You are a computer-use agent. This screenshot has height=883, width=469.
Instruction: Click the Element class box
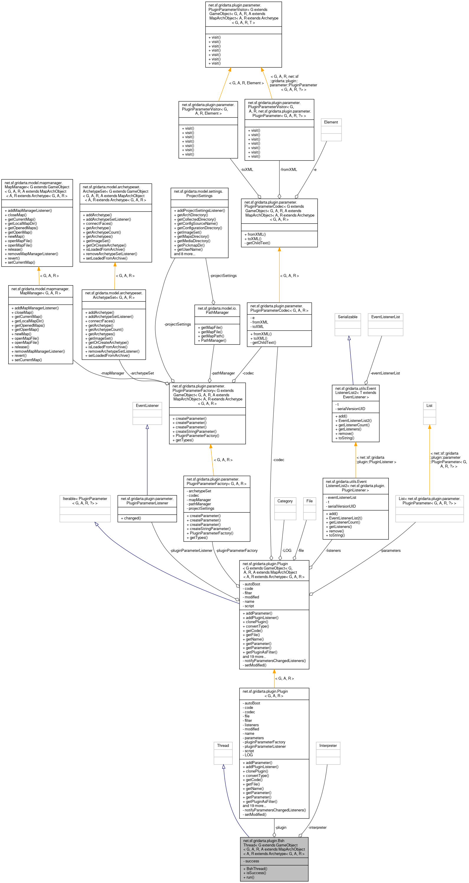point(331,130)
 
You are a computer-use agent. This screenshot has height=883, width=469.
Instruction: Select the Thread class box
point(223,753)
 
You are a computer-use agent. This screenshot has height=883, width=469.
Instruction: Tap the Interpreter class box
point(328,753)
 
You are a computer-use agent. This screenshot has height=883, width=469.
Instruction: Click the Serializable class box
point(347,324)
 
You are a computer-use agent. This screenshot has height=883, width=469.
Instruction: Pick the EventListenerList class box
point(385,324)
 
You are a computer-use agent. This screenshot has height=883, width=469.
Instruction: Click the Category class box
point(285,509)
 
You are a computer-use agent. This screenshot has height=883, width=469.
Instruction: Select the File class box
point(309,509)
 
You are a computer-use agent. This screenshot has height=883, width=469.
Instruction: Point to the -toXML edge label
point(247,170)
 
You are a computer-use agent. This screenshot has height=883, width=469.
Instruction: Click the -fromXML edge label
point(288,170)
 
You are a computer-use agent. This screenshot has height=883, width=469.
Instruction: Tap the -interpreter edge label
point(317,828)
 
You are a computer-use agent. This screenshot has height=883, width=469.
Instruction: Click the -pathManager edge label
point(223,373)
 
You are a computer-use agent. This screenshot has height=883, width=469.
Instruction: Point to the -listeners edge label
point(333,550)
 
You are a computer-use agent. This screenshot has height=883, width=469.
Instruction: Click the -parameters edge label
point(391,550)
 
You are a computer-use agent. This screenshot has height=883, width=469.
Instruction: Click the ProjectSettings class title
point(199,194)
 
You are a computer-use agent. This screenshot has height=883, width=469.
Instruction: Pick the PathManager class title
point(217,310)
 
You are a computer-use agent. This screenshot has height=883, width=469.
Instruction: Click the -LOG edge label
point(286,550)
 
